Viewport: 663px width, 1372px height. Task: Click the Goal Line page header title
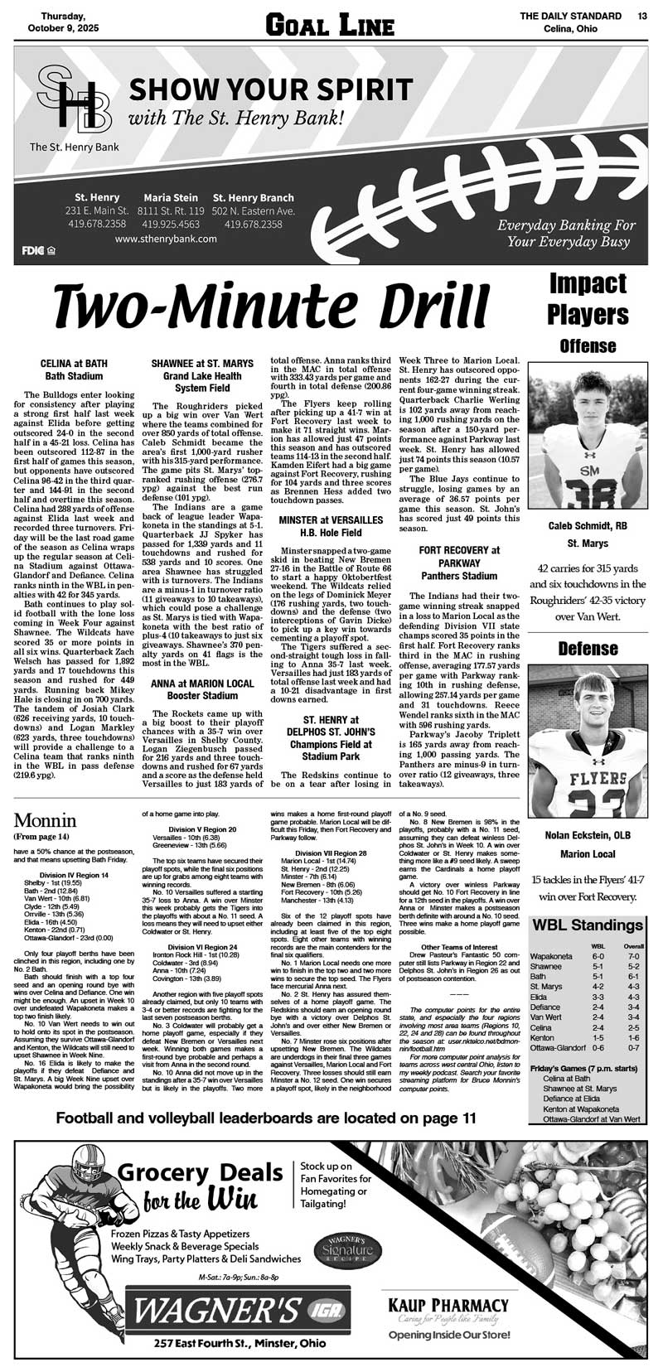tap(329, 25)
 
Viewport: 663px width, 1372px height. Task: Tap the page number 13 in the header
tap(643, 16)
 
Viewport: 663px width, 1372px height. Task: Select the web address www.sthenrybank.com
tap(167, 239)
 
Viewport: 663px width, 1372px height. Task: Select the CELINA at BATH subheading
tap(74, 364)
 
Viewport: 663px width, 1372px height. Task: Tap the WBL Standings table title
tap(588, 925)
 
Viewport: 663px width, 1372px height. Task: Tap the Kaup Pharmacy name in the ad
tap(448, 1306)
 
